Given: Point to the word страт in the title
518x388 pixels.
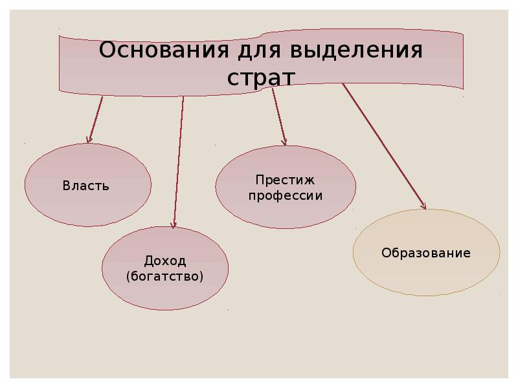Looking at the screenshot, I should click(x=261, y=77).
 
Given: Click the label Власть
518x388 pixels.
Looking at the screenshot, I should click(x=86, y=186).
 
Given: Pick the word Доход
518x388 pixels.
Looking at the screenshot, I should click(x=164, y=261).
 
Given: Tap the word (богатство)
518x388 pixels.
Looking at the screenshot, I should click(x=164, y=277).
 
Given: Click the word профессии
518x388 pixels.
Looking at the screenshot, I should click(x=285, y=195).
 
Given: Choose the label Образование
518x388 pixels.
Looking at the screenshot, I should click(x=425, y=253).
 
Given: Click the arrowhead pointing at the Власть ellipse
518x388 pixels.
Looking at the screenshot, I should click(x=89, y=139).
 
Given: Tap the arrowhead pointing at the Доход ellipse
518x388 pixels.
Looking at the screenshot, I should click(x=174, y=224).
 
